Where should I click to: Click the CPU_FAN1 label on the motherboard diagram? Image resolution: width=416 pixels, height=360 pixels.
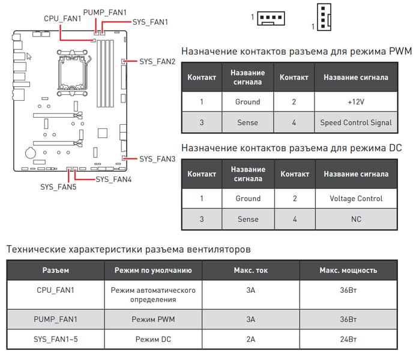tap(62, 19)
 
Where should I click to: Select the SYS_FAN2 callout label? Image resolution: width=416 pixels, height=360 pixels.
tap(157, 62)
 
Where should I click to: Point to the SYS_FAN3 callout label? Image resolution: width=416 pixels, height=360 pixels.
tap(157, 159)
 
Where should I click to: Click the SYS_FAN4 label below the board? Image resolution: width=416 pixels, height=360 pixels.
tap(114, 179)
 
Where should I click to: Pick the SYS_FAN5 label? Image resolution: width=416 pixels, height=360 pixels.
tap(58, 187)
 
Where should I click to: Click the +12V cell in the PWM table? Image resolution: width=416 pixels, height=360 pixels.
tap(356, 102)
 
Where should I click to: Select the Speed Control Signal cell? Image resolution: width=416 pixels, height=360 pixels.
tap(356, 122)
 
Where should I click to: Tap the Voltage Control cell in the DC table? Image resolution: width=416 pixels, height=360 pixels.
tap(356, 199)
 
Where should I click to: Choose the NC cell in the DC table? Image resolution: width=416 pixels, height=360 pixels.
tap(356, 219)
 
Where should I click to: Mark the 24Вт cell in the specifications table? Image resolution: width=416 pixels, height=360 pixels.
tap(348, 340)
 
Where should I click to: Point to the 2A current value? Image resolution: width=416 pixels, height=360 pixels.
tap(251, 340)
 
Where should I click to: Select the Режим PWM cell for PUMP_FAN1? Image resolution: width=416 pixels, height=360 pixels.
tap(153, 319)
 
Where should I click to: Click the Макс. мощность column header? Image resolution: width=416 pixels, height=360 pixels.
tap(348, 271)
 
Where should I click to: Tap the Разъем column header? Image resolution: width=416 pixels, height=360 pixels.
tap(56, 271)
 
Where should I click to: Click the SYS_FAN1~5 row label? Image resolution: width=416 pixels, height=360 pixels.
tap(56, 340)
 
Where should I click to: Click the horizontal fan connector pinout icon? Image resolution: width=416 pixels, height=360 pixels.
tap(271, 18)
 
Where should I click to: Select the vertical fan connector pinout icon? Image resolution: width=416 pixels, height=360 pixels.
tap(323, 16)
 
